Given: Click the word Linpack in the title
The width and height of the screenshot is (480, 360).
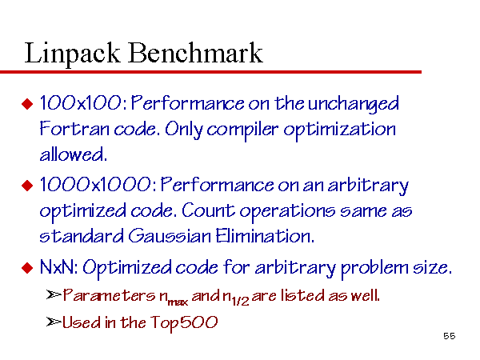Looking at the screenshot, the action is tap(72, 54).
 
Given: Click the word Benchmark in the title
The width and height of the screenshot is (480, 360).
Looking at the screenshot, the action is tap(195, 53).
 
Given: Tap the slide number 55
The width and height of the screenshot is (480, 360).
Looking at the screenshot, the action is tap(449, 336).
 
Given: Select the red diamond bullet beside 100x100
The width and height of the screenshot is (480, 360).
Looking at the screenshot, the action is tap(27, 103).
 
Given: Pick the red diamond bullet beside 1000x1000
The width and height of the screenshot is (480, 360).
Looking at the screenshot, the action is tap(27, 186).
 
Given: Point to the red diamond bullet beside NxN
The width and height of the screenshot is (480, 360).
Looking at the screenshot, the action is tap(27, 268).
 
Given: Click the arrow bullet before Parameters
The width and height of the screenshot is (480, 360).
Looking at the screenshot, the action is tap(54, 294).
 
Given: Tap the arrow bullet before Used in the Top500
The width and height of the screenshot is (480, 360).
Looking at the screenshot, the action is tap(54, 322).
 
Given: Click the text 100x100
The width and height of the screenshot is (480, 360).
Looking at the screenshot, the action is tap(81, 103).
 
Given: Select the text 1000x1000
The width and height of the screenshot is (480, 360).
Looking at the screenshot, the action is tap(95, 185).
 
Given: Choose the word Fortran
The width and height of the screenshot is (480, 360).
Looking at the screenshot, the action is tap(74, 129).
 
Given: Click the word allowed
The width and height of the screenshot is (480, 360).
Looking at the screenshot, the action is tap(72, 154).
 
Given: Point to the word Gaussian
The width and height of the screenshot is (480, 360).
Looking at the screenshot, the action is tap(170, 236).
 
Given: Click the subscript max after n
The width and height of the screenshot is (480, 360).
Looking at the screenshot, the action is tap(178, 302).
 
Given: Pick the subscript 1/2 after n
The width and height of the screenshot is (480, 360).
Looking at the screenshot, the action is tap(240, 302).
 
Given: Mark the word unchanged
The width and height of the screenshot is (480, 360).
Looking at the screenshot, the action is tap(353, 104).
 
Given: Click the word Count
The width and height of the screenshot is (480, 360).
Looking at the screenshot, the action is tap(208, 210).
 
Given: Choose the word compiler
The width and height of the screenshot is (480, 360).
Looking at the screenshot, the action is tap(242, 130).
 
